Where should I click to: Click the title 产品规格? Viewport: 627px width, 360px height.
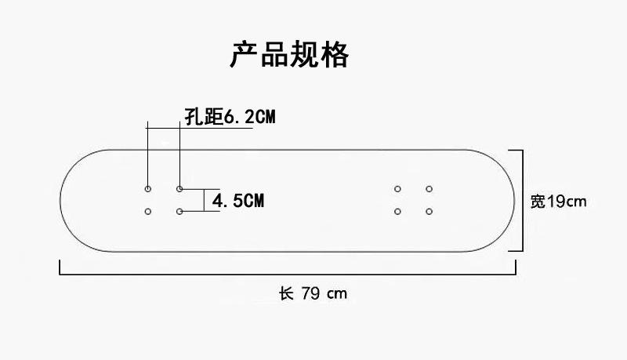[289, 55]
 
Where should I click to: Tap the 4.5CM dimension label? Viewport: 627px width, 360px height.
[238, 201]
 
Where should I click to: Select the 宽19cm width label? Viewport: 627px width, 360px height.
[558, 202]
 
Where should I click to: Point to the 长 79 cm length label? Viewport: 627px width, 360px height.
[313, 294]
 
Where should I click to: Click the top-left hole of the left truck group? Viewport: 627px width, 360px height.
[148, 189]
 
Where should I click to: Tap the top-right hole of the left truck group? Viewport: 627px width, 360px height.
[179, 189]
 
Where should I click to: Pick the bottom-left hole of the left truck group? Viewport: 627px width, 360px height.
[148, 211]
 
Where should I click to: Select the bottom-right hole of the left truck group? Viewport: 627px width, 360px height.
[179, 211]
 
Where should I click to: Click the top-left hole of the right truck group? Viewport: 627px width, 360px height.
[397, 189]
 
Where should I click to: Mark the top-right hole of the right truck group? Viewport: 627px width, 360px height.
[429, 189]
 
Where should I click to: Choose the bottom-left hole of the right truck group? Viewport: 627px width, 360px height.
[397, 211]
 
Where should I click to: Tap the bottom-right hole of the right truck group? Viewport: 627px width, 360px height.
[429, 211]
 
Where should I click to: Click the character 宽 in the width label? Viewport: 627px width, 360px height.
[537, 202]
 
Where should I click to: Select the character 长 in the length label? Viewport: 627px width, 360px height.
[286, 294]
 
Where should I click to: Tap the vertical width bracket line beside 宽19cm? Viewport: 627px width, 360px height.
[521, 201]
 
